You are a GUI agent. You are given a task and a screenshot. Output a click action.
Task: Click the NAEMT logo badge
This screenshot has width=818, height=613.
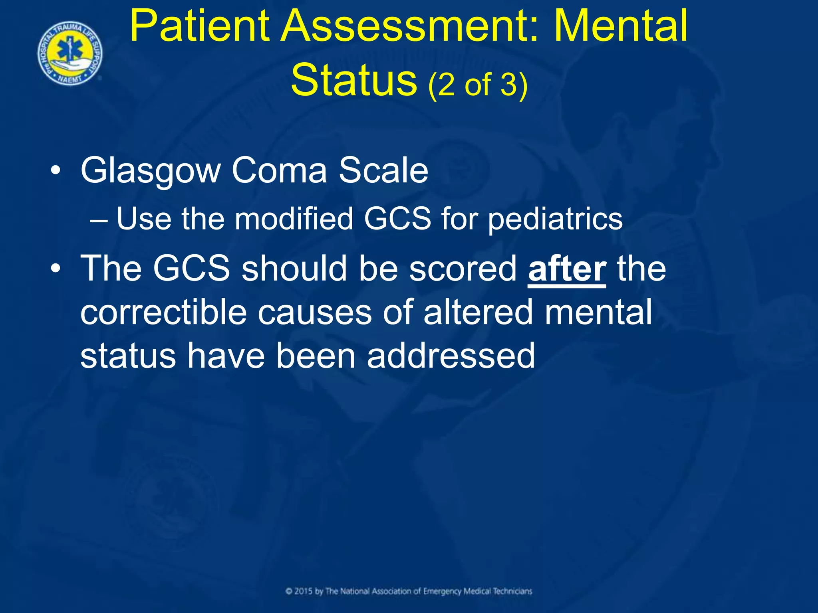click(70, 53)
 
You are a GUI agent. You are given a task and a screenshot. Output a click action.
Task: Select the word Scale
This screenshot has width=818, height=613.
click(383, 171)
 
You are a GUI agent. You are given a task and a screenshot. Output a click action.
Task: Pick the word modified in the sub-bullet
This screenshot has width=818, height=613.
click(294, 219)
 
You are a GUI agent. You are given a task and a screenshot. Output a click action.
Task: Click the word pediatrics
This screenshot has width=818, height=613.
click(555, 220)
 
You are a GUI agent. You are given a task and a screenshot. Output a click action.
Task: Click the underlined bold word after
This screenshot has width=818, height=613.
click(567, 270)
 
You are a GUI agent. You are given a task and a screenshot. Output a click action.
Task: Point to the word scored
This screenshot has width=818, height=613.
click(463, 269)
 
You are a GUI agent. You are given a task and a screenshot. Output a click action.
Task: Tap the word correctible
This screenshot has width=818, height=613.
click(164, 312)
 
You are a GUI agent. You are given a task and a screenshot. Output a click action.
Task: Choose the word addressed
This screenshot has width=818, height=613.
click(451, 356)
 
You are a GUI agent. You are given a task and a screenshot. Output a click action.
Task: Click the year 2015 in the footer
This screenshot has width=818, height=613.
click(303, 591)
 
